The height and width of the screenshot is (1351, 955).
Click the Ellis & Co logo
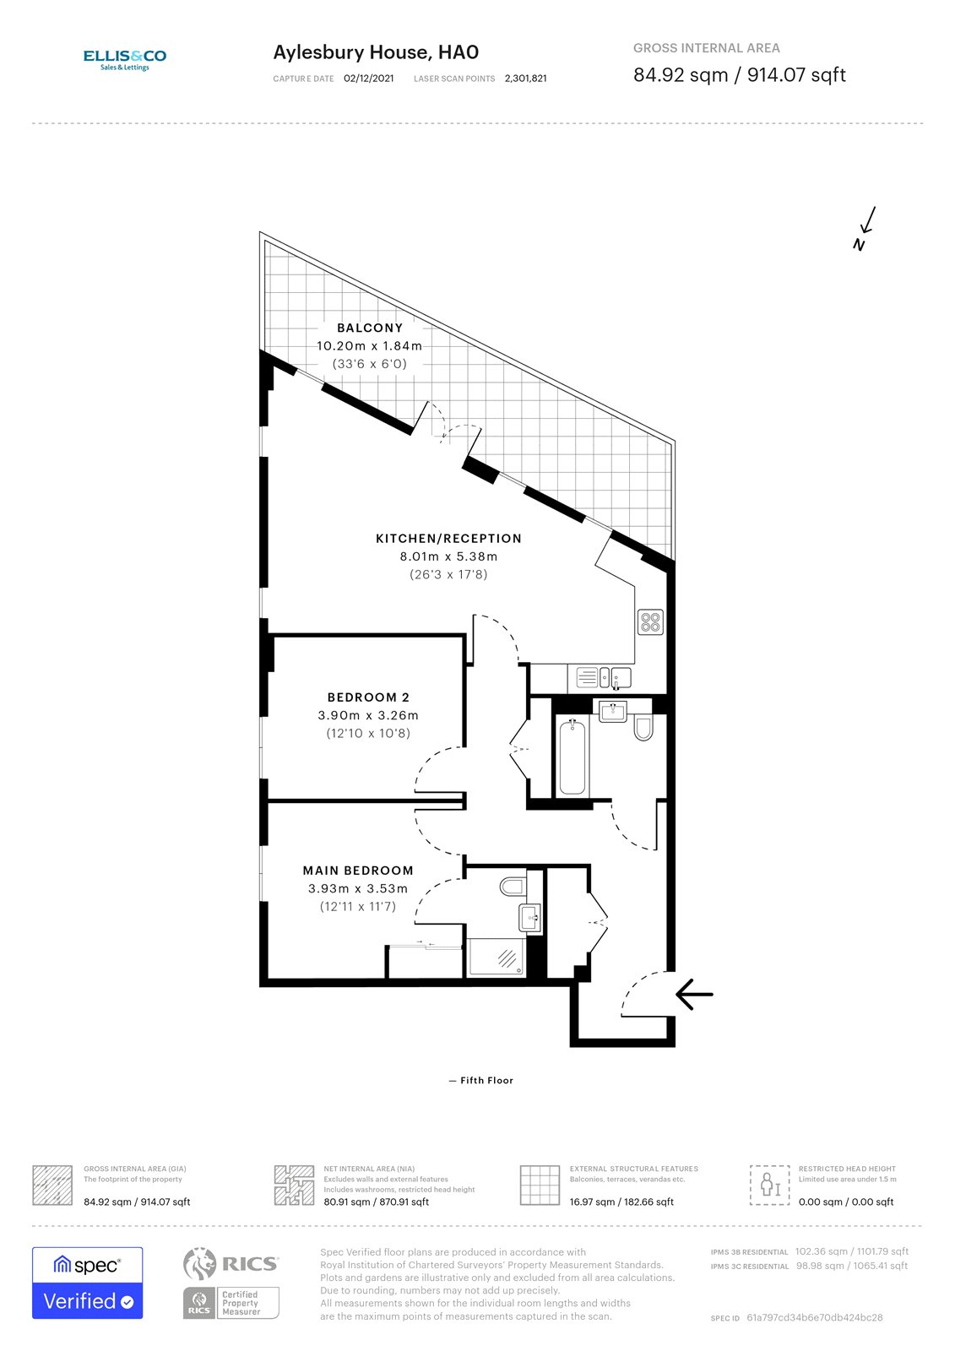[125, 60]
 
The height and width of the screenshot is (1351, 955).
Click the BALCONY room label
[370, 328]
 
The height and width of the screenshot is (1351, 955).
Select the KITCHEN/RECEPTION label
[448, 539]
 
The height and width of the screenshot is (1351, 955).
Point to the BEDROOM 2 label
[369, 697]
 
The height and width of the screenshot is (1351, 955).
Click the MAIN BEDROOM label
[358, 871]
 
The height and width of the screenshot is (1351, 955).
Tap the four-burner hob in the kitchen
[650, 621]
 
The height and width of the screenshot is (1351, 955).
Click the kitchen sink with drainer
[603, 677]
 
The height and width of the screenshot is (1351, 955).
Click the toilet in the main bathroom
[643, 728]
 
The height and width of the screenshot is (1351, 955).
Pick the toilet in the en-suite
[513, 886]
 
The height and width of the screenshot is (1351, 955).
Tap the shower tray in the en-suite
[496, 958]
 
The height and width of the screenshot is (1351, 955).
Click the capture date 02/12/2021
[369, 79]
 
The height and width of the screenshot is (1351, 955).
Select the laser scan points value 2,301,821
[525, 79]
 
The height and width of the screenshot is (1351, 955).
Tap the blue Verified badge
[88, 1283]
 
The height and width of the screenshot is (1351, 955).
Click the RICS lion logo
[199, 1263]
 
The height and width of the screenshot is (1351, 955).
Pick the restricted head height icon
[770, 1186]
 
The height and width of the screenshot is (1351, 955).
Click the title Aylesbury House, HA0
[376, 52]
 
